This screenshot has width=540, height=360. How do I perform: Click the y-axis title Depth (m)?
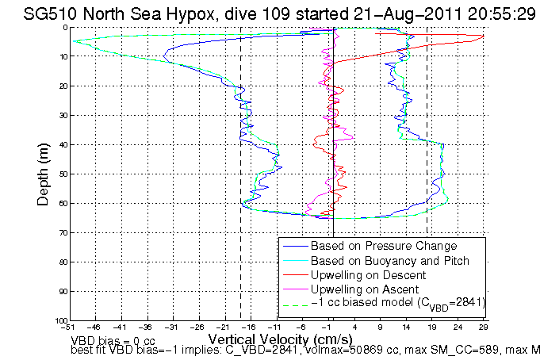click(45, 174)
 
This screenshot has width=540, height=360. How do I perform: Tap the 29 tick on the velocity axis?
click(483, 326)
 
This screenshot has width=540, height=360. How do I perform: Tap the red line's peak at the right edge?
click(483, 35)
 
